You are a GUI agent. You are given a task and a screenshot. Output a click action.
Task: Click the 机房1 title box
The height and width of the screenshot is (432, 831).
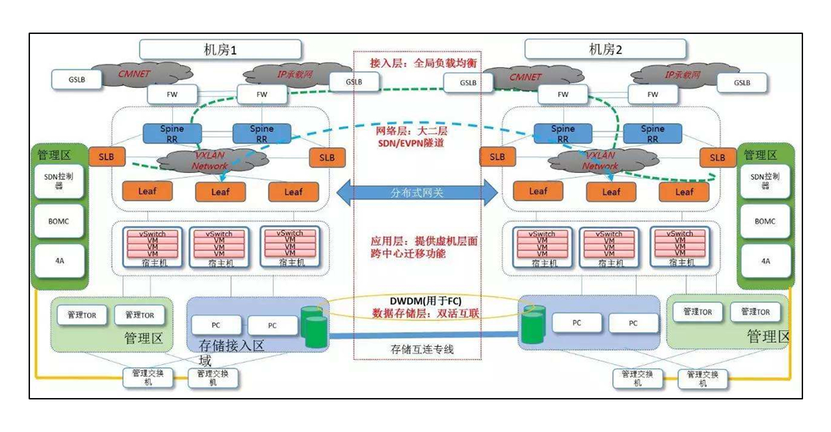click(219, 49)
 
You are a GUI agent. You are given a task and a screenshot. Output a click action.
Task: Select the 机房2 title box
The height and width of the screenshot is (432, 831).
click(606, 49)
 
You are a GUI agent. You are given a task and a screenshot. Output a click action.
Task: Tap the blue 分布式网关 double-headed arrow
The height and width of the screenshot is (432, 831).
click(417, 193)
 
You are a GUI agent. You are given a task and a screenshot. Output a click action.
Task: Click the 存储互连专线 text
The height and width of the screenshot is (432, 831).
click(417, 349)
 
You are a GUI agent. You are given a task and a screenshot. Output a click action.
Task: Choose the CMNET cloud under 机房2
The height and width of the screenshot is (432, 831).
click(526, 76)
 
